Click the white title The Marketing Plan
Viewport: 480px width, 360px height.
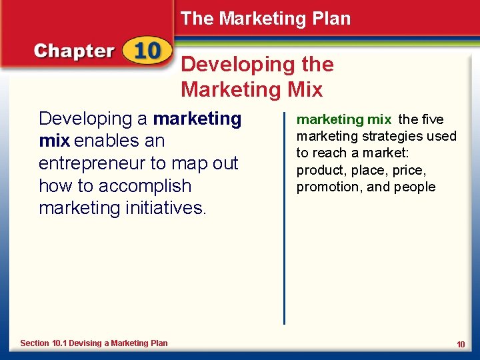(265, 19)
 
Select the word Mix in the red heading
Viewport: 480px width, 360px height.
(302, 89)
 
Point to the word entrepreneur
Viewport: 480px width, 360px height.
(89, 164)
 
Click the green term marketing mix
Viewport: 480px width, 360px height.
(343, 120)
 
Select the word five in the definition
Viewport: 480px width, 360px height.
(432, 120)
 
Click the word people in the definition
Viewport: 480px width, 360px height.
(415, 187)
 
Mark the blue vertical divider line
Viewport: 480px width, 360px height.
(285, 213)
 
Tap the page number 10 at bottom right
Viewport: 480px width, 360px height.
(461, 344)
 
